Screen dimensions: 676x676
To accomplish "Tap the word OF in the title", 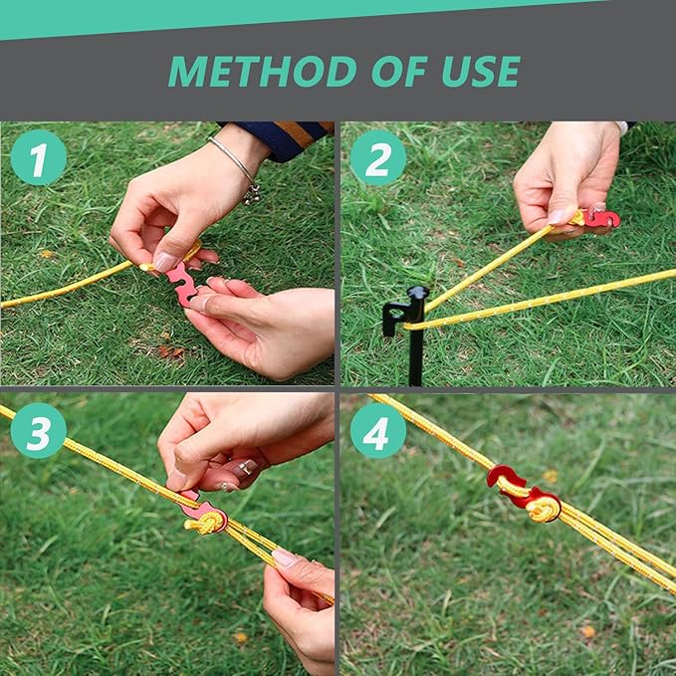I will (x=399, y=71).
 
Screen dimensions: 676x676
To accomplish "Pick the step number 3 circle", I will (x=39, y=430).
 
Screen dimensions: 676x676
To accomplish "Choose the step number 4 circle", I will (x=378, y=430).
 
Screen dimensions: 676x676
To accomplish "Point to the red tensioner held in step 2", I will (x=600, y=216).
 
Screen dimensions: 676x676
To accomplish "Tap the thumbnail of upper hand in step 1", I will (x=165, y=261).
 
